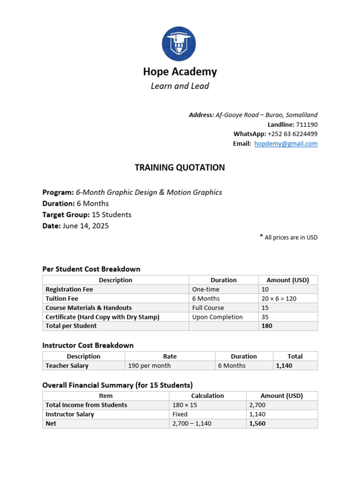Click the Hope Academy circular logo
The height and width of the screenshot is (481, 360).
[179, 44]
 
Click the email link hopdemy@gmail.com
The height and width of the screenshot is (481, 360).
[286, 144]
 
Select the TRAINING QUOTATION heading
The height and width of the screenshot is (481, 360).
[180, 168]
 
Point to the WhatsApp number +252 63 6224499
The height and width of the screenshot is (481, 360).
[292, 134]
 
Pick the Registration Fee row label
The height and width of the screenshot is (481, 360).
[69, 289]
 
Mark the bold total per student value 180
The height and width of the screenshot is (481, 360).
[267, 326]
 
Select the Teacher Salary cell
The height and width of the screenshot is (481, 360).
[67, 365]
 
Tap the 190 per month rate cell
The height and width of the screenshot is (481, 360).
[150, 365]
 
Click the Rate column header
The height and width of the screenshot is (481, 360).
[170, 357]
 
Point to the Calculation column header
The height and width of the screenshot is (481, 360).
[208, 396]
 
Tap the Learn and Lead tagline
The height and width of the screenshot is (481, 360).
[180, 86]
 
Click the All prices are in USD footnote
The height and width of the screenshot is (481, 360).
[291, 238]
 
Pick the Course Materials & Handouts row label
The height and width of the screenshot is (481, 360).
[89, 308]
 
